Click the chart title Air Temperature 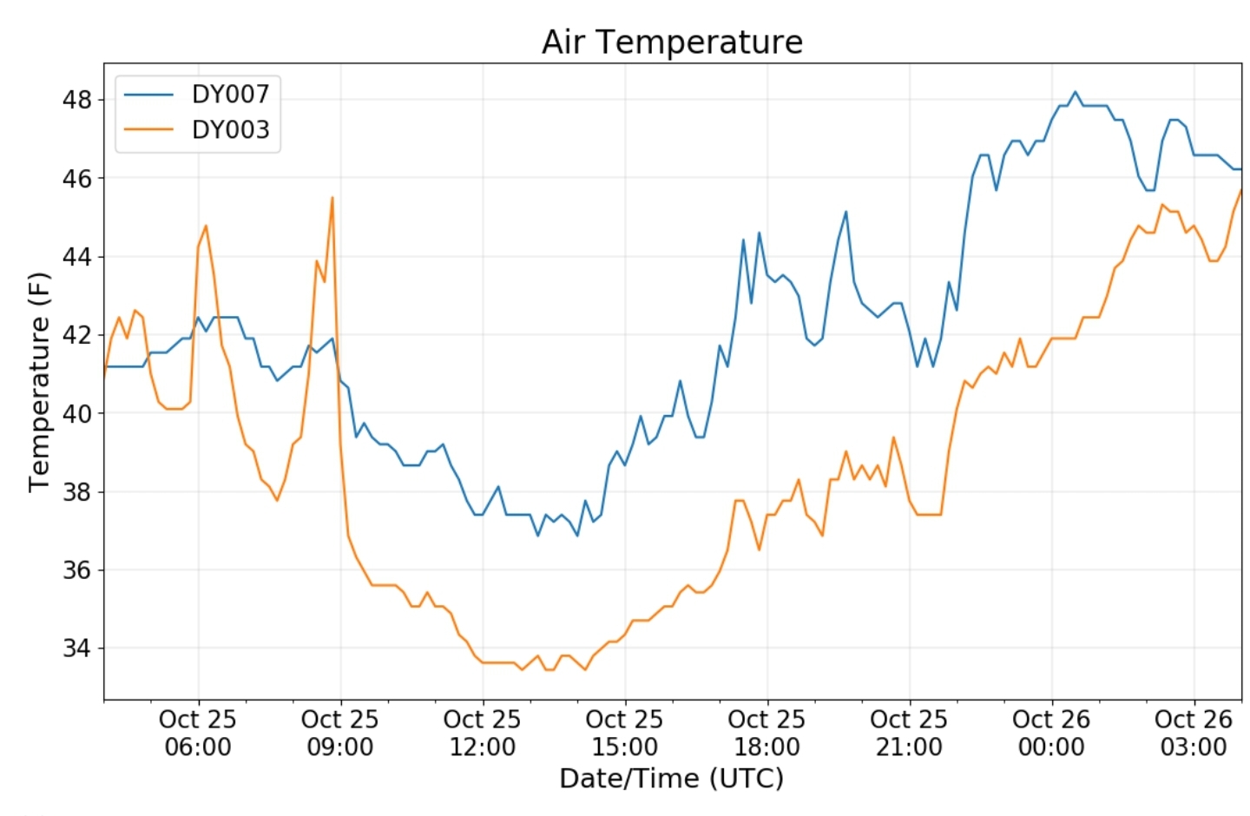pyautogui.click(x=672, y=42)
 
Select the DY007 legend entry pyautogui.click(x=230, y=94)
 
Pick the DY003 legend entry pyautogui.click(x=230, y=129)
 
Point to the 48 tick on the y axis pyautogui.click(x=76, y=100)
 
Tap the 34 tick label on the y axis pyautogui.click(x=76, y=648)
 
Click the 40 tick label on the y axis pyautogui.click(x=76, y=413)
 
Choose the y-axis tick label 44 pyautogui.click(x=76, y=257)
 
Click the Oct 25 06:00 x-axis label pyautogui.click(x=198, y=733)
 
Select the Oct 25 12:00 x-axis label pyautogui.click(x=482, y=733)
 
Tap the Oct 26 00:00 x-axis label pyautogui.click(x=1051, y=733)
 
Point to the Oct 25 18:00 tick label pyautogui.click(x=766, y=733)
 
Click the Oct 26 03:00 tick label pyautogui.click(x=1194, y=733)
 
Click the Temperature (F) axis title pyautogui.click(x=39, y=382)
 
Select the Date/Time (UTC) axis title pyautogui.click(x=672, y=778)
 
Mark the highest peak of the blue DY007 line pyautogui.click(x=1075, y=91)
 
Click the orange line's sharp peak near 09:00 pyautogui.click(x=332, y=198)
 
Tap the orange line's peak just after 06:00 pyautogui.click(x=206, y=226)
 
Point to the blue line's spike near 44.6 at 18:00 pyautogui.click(x=760, y=233)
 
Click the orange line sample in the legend pyautogui.click(x=148, y=129)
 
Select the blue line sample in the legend pyautogui.click(x=148, y=94)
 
